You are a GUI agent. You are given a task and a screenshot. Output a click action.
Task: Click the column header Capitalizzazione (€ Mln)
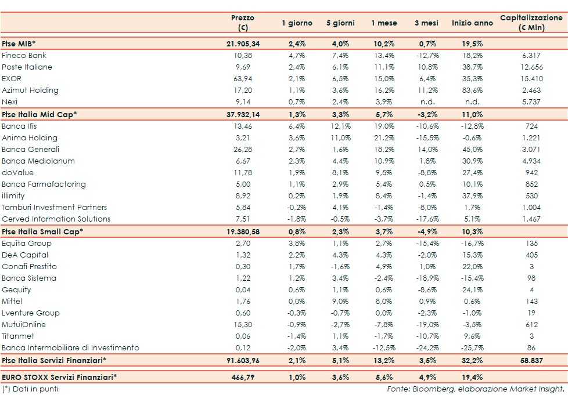point(531,23)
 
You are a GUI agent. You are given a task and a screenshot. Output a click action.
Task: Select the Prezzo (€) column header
point(242,23)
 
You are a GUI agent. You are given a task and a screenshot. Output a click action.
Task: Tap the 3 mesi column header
point(426,23)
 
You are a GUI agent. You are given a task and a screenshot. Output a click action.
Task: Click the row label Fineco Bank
point(24,56)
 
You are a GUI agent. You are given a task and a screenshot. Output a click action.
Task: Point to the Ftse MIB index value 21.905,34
point(243,44)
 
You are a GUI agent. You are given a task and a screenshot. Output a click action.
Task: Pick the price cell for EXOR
point(243,79)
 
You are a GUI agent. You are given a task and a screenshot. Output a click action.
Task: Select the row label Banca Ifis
point(21,126)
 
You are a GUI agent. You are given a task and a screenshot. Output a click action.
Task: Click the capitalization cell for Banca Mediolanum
point(531,161)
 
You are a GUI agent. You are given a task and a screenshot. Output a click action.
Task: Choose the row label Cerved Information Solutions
point(56,219)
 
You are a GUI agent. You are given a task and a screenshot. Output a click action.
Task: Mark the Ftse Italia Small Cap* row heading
point(42,231)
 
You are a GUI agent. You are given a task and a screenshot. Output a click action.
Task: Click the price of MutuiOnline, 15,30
point(243,325)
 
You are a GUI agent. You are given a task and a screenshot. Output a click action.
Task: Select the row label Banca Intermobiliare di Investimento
point(70,348)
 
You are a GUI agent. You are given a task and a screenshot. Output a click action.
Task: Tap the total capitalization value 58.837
point(531,361)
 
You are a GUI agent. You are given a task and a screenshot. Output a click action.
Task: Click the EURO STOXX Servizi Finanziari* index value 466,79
point(243,377)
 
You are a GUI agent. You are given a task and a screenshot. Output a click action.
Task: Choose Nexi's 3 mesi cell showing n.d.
point(426,102)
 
